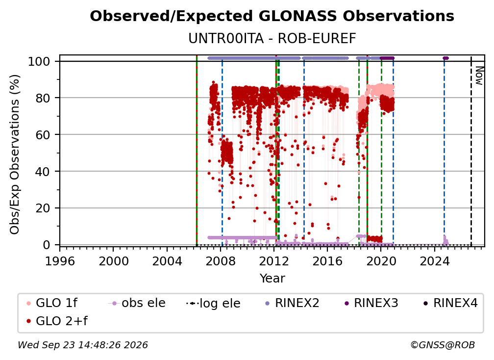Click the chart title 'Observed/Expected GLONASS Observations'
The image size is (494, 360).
tap(272, 16)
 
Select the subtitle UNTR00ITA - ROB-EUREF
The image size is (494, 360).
tap(272, 39)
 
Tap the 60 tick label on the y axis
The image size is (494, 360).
tap(43, 134)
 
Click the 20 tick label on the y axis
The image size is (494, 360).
tap(43, 208)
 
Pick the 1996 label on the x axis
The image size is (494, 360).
tap(60, 261)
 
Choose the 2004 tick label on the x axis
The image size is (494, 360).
tap(167, 261)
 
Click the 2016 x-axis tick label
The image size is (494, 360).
tap(327, 261)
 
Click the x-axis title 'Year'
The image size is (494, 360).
tap(272, 279)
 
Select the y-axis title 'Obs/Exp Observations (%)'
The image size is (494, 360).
tap(15, 154)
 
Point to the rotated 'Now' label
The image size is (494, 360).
tap(479, 76)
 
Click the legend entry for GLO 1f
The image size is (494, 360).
tap(52, 303)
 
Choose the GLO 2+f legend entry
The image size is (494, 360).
tap(57, 321)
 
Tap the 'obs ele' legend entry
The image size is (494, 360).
tap(137, 303)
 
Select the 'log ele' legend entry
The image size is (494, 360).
tap(213, 303)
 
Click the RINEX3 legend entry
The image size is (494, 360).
tap(371, 303)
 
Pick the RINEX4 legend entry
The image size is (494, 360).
tap(450, 303)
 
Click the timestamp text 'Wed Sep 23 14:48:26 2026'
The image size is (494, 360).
tap(82, 345)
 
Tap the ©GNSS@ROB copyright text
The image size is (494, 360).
tap(443, 345)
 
